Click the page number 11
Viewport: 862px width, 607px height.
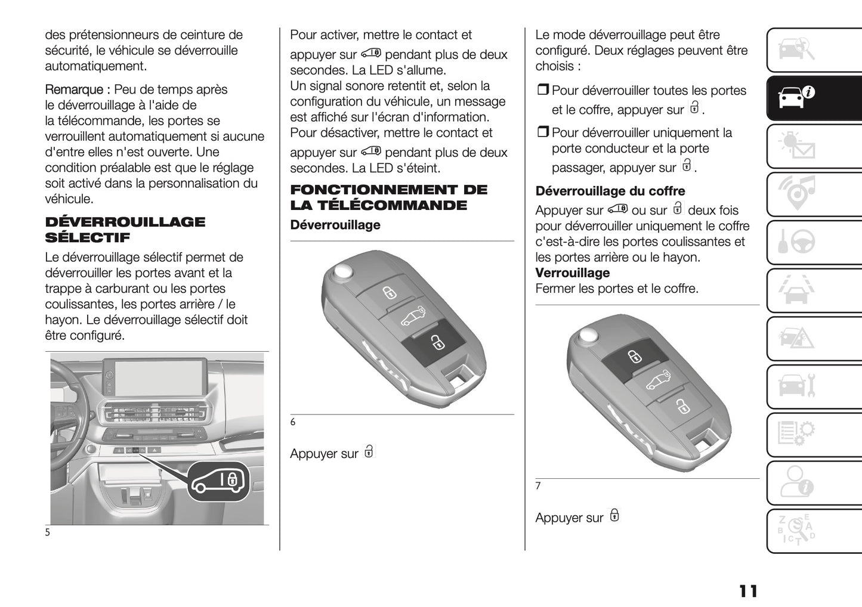click(x=748, y=591)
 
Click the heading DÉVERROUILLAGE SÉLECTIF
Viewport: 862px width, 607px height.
click(x=125, y=230)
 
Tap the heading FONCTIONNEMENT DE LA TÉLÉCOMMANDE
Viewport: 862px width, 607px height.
click(x=388, y=197)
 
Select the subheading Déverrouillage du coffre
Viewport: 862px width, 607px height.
click(x=610, y=191)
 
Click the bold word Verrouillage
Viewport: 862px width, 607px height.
click(x=572, y=273)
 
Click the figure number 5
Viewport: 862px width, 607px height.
click(x=48, y=532)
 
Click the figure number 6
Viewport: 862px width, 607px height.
click(x=293, y=422)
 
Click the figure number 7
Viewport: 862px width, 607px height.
click(x=538, y=486)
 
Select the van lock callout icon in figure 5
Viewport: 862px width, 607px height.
click(x=218, y=481)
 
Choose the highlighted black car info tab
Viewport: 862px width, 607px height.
click(x=798, y=97)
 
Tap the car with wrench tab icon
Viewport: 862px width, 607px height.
click(x=798, y=386)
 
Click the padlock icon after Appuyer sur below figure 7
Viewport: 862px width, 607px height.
click(x=614, y=516)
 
